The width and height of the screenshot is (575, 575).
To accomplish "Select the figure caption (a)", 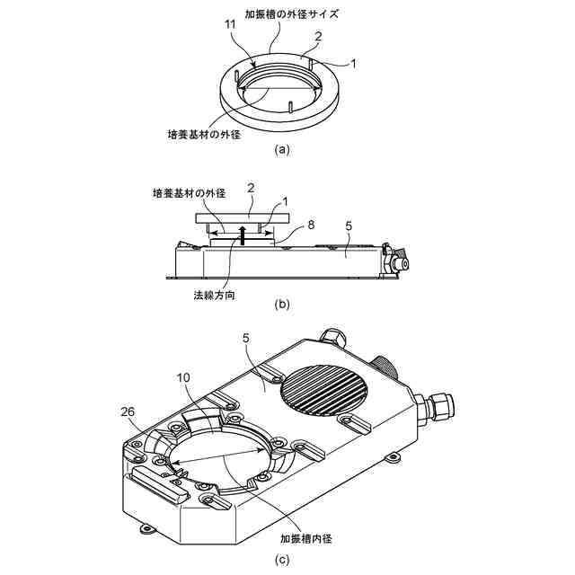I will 282,150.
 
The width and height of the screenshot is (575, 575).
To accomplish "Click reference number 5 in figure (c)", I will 246,338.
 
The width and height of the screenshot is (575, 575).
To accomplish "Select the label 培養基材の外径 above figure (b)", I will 188,193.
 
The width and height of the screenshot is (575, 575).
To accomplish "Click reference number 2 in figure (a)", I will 318,38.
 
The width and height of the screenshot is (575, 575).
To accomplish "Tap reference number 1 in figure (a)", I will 353,64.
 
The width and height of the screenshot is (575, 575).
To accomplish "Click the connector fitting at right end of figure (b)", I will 396,261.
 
